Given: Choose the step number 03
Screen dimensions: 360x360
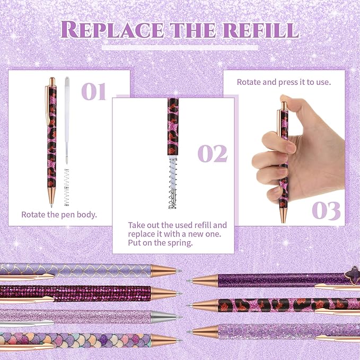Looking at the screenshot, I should pyautogui.click(x=326, y=209).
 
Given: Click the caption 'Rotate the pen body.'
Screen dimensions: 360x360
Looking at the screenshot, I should pyautogui.click(x=59, y=215).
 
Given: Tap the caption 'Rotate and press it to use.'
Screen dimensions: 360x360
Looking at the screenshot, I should pyautogui.click(x=284, y=82).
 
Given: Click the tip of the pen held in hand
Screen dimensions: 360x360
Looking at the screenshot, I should pyautogui.click(x=281, y=220).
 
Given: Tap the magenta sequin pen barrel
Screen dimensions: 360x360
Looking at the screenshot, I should pyautogui.click(x=74, y=293).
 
